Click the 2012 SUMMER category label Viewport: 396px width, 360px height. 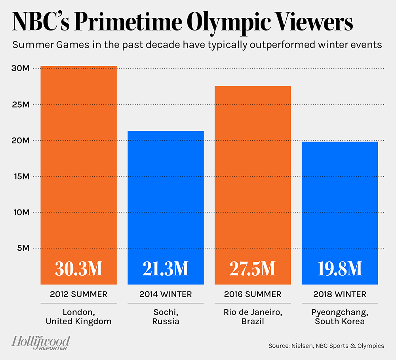point(78,294)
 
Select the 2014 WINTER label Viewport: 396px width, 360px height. point(166,294)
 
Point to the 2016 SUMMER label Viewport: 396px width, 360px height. point(253,294)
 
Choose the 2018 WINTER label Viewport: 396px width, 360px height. point(340,294)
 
